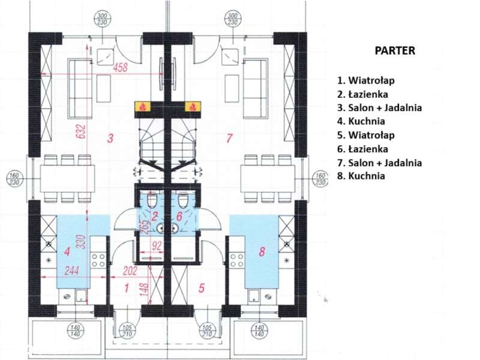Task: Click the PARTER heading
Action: (x=395, y=51)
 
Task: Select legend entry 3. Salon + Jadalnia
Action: (x=379, y=107)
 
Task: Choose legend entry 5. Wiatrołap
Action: (x=366, y=135)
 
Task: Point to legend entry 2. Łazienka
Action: (x=362, y=94)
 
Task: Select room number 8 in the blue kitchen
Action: (x=262, y=253)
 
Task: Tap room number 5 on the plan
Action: (x=201, y=289)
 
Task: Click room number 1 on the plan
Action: (x=126, y=289)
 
